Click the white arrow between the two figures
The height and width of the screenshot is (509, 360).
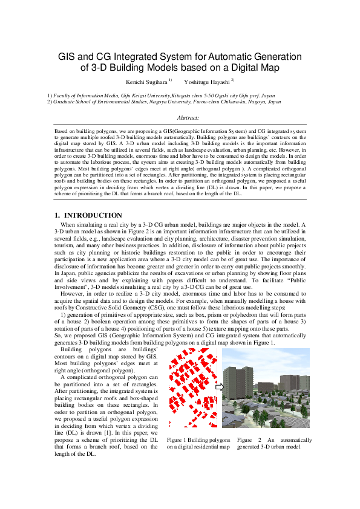tap(219, 387)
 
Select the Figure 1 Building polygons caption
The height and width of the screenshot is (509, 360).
tap(198, 440)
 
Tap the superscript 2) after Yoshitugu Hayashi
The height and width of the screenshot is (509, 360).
tap(233, 79)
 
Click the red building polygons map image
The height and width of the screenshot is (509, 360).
tap(190, 389)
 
